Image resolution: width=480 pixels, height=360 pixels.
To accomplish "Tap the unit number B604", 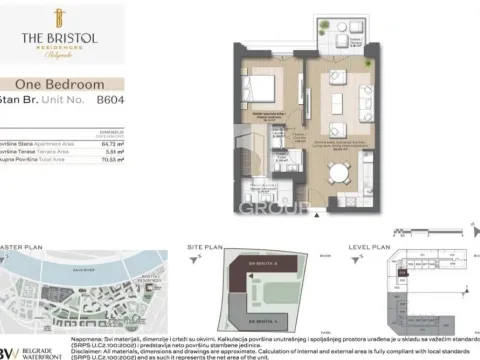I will (109, 100).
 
